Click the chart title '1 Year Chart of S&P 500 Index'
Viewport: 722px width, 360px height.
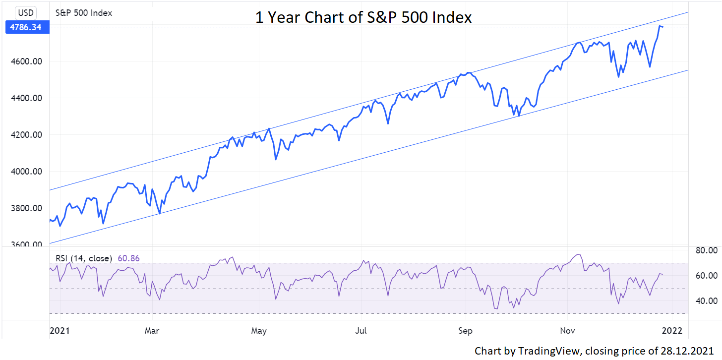tap(363, 17)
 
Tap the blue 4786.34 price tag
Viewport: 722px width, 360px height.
tap(27, 27)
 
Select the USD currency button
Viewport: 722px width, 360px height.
tap(26, 12)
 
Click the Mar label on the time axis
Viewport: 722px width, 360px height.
tap(152, 330)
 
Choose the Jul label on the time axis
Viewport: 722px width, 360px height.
tap(361, 330)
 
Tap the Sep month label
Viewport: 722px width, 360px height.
tap(465, 330)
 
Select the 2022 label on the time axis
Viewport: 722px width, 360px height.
tap(672, 330)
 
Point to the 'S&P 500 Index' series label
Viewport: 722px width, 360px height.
tap(84, 13)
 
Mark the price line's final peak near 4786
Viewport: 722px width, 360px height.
tap(660, 26)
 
